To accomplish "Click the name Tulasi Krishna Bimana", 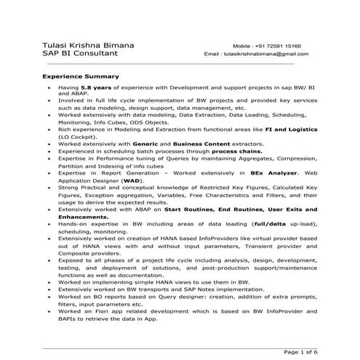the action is (x=82, y=45).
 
